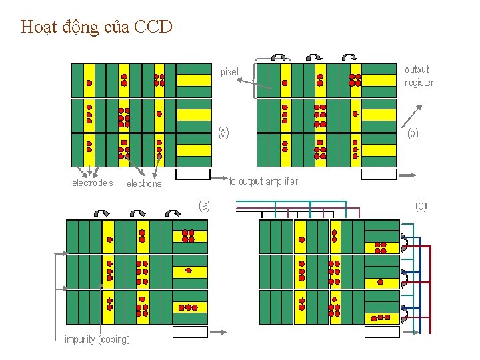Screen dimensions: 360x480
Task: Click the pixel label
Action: pos(229,72)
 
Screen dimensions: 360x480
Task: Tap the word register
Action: pos(419,83)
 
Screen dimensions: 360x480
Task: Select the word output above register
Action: pos(417,69)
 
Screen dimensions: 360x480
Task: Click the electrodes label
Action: pos(92,183)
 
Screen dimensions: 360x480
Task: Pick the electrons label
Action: pos(144,184)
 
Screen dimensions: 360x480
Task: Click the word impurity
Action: pos(79,339)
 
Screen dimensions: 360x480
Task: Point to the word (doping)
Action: pos(114,339)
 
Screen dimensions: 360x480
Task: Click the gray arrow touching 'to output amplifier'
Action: pos(219,177)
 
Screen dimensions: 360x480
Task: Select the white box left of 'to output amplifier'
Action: pos(193,175)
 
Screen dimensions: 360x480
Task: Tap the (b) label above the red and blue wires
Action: pos(421,206)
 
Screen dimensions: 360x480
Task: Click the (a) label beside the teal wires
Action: pos(204,206)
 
